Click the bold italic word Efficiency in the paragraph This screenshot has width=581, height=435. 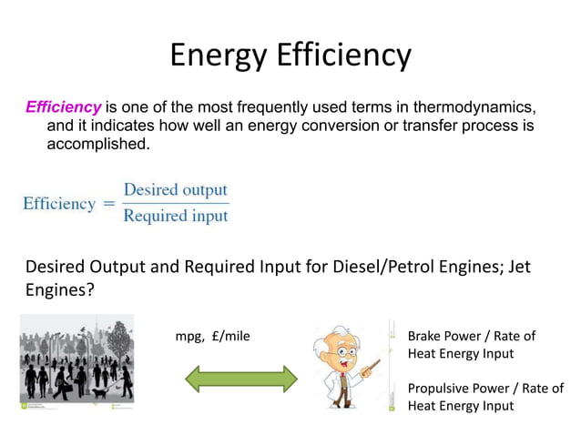[64, 107]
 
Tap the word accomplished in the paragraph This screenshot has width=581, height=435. [97, 144]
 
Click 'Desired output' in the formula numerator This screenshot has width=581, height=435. [175, 190]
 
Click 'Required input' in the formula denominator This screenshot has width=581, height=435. [175, 216]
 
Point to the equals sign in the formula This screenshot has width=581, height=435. [108, 204]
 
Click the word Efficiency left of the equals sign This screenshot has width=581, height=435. [59, 204]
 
